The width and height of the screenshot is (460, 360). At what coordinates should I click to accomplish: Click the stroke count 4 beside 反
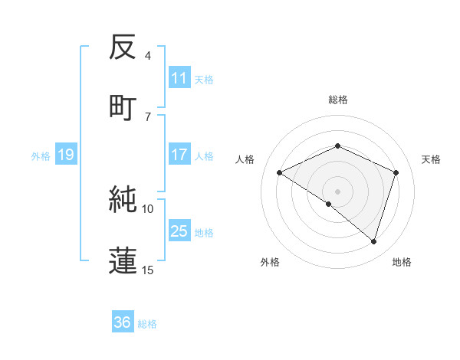tap(148, 56)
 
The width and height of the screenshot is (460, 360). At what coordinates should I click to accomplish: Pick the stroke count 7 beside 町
tap(148, 116)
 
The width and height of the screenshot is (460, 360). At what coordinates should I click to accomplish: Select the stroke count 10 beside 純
tap(148, 208)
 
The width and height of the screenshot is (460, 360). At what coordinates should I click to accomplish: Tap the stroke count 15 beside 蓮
tap(148, 270)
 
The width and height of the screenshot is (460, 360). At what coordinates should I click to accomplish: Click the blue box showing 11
tap(179, 78)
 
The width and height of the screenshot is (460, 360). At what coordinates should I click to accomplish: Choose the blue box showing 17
tap(179, 155)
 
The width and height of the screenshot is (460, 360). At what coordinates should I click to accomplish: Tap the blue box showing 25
tap(179, 231)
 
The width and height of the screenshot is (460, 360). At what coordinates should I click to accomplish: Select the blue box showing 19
tap(65, 155)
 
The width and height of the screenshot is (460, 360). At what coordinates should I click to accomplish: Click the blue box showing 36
tap(123, 322)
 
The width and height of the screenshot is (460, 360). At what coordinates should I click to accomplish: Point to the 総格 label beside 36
tap(148, 324)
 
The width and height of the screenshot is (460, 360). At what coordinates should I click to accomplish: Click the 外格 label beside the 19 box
tap(41, 156)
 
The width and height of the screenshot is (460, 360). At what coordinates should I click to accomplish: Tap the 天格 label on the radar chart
tap(431, 159)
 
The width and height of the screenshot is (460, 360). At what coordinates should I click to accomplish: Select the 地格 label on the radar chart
tap(402, 262)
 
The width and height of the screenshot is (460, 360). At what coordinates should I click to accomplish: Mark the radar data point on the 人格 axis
tap(280, 173)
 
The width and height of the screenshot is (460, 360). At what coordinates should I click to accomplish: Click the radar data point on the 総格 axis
tap(337, 146)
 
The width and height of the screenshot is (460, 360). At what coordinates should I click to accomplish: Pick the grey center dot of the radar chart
tap(337, 191)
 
